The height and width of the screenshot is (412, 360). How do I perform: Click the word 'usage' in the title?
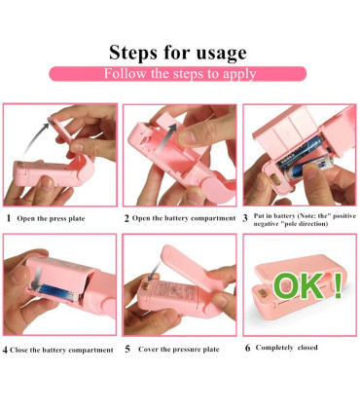pos(219,54)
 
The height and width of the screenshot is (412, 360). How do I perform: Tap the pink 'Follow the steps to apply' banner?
pos(178,74)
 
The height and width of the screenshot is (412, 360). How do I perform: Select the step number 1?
pos(9,218)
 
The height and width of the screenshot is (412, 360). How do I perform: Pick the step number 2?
pos(126,218)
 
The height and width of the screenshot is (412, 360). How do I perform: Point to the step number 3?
pos(245,218)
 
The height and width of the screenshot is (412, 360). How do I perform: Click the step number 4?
pos(5,351)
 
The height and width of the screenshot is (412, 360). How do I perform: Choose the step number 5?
pos(127,350)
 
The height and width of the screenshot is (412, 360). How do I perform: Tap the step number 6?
pos(248,348)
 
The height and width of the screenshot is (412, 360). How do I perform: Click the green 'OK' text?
pos(298,285)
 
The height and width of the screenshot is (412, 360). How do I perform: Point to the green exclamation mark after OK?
pos(338,285)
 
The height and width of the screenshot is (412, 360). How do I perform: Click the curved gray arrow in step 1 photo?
pos(33,135)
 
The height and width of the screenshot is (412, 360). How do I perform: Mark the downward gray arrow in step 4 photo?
pos(38,277)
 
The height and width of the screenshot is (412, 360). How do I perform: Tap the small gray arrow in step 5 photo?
pos(154,272)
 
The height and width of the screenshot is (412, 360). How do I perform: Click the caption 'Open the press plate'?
pos(51,218)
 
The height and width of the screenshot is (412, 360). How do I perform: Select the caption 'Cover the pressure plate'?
pos(179,350)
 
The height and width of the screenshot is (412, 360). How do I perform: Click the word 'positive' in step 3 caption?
pos(344,216)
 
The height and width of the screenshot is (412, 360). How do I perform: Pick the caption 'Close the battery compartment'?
pos(61,351)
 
